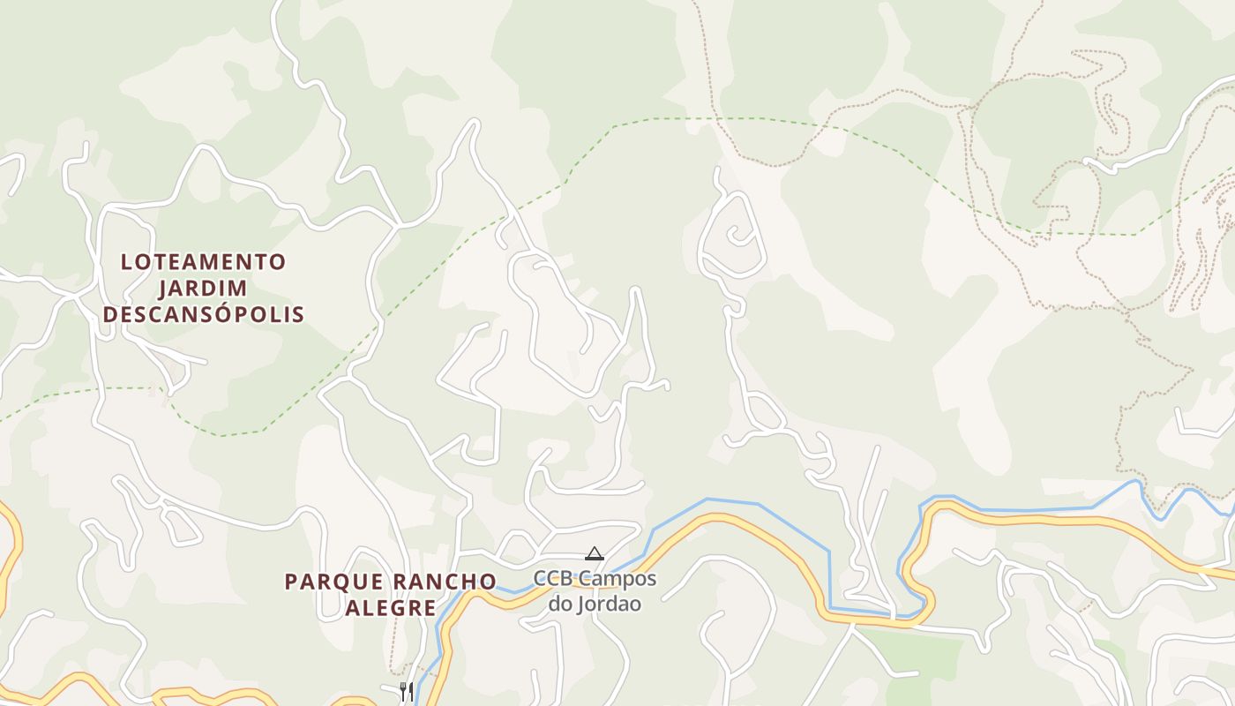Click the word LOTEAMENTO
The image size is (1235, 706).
point(203,262)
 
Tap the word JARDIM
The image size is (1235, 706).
point(203,289)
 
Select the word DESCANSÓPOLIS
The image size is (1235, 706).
point(203,315)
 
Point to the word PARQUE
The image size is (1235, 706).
point(334,582)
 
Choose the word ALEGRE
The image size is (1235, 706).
point(390,608)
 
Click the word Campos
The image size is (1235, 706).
point(617,580)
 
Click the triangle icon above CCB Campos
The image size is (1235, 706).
point(595,554)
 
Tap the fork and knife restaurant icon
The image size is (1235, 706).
point(407,690)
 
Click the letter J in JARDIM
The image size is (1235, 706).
point(165,289)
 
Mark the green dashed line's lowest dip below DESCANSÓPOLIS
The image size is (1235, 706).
point(221,435)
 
